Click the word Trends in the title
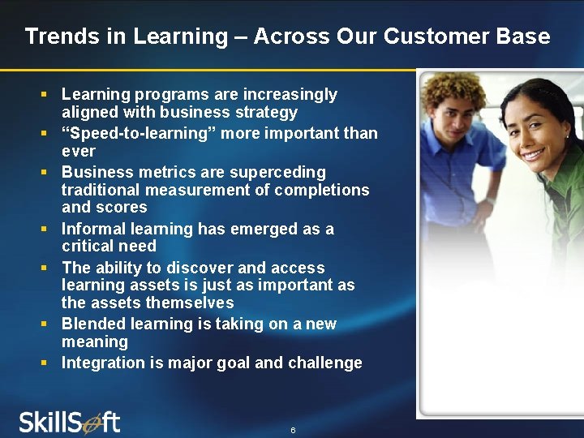pos(55,36)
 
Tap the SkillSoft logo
pos(69,423)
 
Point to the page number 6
pos(293,430)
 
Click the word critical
pos(87,246)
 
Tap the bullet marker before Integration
pos(45,363)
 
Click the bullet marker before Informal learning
pos(45,229)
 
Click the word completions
pos(321,190)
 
